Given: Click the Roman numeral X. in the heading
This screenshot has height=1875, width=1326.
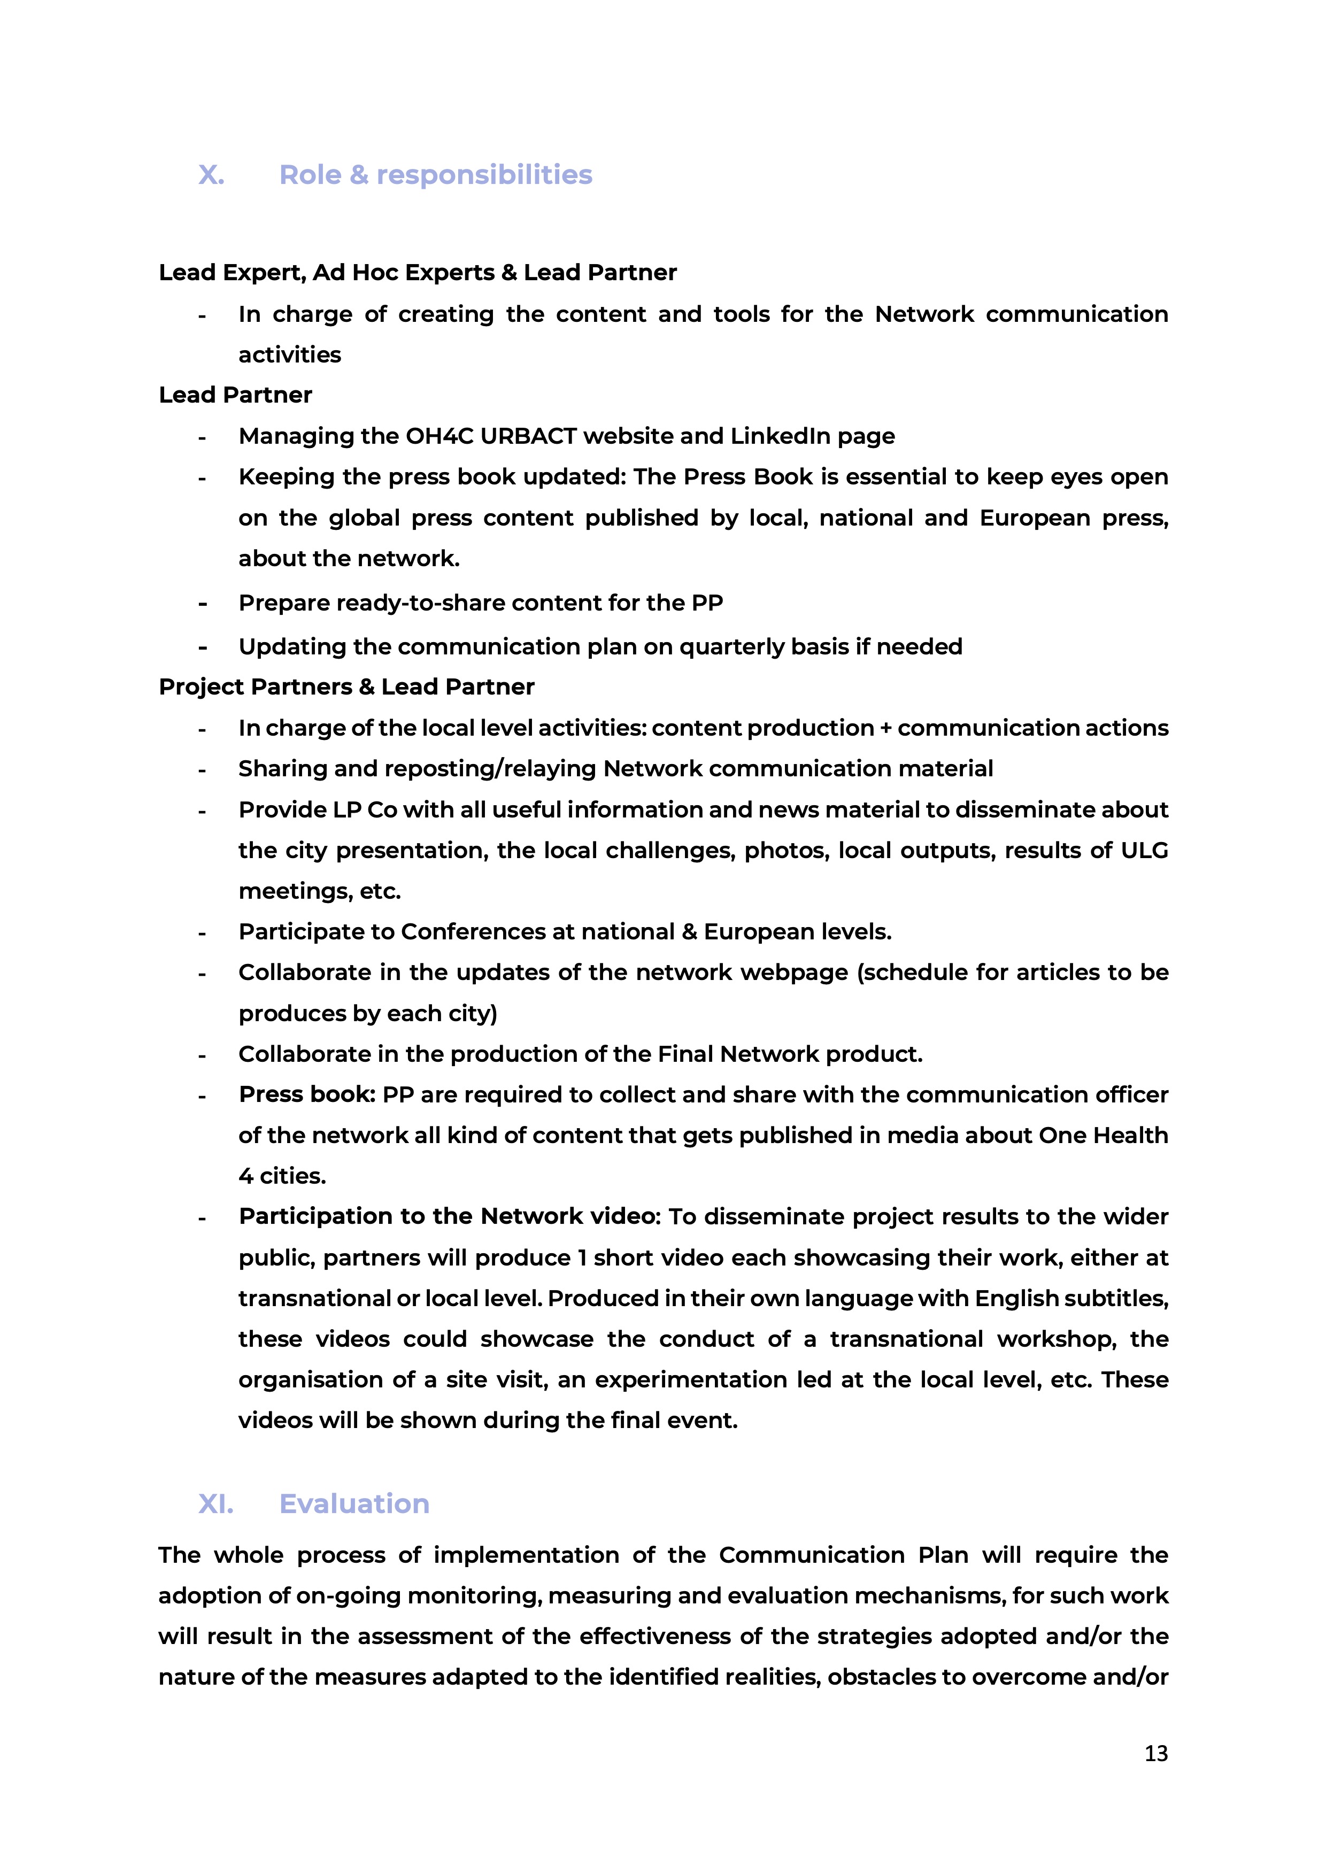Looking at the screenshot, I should coord(212,175).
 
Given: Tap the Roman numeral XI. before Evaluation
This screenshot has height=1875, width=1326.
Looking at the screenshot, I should coord(215,1503).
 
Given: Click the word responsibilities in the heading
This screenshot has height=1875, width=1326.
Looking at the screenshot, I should coord(484,175).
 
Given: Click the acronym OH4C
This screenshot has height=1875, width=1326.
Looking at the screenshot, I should coord(440,436).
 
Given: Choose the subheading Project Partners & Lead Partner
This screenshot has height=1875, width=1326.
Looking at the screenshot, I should coord(346,687).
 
